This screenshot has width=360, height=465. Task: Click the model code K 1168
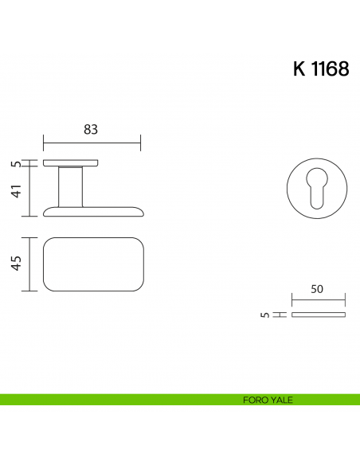[x=321, y=68]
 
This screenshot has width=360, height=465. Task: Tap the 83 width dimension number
[x=91, y=130]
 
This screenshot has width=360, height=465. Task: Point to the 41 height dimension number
[x=17, y=191]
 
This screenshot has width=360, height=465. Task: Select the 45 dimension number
[x=17, y=264]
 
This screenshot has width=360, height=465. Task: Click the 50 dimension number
[x=317, y=289]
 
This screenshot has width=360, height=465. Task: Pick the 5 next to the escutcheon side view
[x=265, y=315]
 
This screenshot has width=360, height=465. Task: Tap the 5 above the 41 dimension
[x=18, y=164]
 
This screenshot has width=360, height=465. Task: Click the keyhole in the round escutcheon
[x=317, y=188]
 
